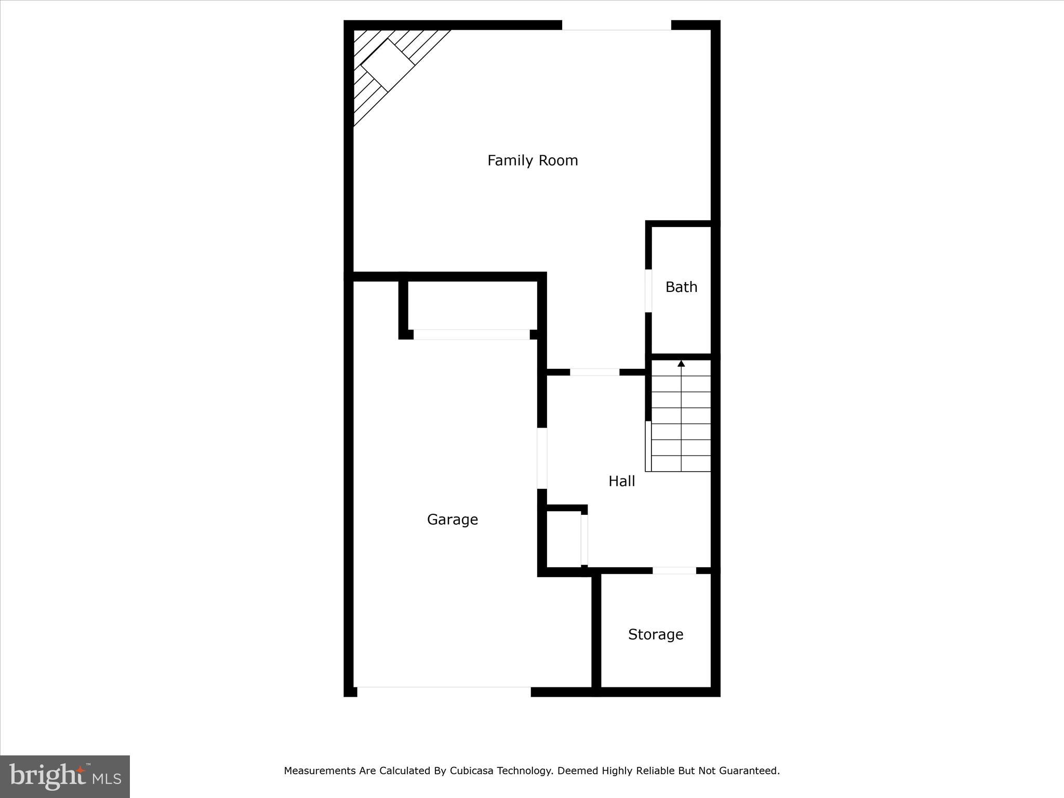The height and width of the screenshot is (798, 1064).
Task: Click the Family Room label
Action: pos(533,161)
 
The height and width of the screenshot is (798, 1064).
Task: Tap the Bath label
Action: pos(681,287)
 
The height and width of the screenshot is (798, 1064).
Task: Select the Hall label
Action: pos(621,481)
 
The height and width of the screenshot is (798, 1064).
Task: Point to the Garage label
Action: pos(452,520)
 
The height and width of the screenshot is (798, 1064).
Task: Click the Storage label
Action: pos(655,634)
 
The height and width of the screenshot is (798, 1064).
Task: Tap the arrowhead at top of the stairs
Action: pos(681,363)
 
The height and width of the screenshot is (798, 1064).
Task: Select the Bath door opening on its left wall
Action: pos(648,290)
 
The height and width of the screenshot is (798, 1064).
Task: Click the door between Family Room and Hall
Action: pos(594,372)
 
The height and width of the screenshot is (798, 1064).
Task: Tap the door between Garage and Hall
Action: pos(542,458)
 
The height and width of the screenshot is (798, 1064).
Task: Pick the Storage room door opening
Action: pos(674,570)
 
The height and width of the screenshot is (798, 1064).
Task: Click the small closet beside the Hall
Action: pos(564,539)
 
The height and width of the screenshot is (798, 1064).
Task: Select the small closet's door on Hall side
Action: pos(584,539)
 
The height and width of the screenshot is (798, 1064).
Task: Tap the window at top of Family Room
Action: pos(616,25)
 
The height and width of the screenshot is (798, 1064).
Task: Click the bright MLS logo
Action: pos(65,776)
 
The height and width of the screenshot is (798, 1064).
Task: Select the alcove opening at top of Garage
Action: pos(471,335)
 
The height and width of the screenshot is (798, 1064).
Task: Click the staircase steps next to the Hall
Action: pos(681,423)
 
